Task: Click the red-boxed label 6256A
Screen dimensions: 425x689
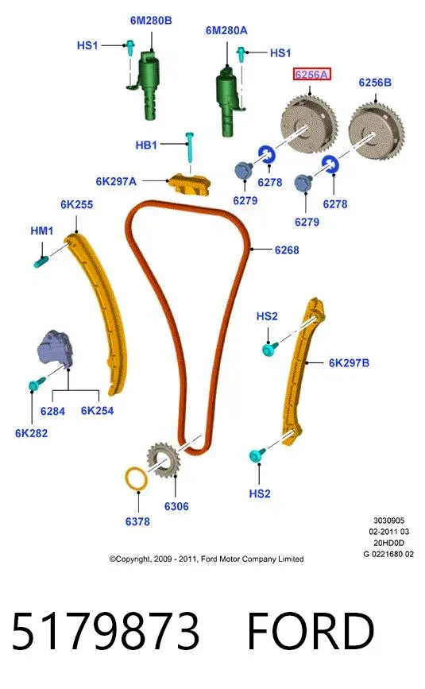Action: (311, 75)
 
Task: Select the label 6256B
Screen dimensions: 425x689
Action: (374, 82)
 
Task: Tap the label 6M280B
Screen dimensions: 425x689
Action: (151, 20)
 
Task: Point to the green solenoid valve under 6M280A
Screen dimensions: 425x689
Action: (228, 101)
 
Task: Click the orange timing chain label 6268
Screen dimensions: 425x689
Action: (287, 250)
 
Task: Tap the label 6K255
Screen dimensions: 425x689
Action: (77, 204)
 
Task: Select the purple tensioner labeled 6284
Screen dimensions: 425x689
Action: (55, 347)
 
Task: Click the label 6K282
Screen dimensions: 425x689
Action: (31, 433)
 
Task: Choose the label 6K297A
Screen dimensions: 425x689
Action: (116, 181)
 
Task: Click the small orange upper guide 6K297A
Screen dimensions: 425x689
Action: (189, 185)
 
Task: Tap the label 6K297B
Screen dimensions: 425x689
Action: (349, 363)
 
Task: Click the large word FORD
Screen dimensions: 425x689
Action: (311, 631)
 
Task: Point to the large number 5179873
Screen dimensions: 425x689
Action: (106, 631)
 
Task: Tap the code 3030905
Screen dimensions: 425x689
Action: (388, 521)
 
